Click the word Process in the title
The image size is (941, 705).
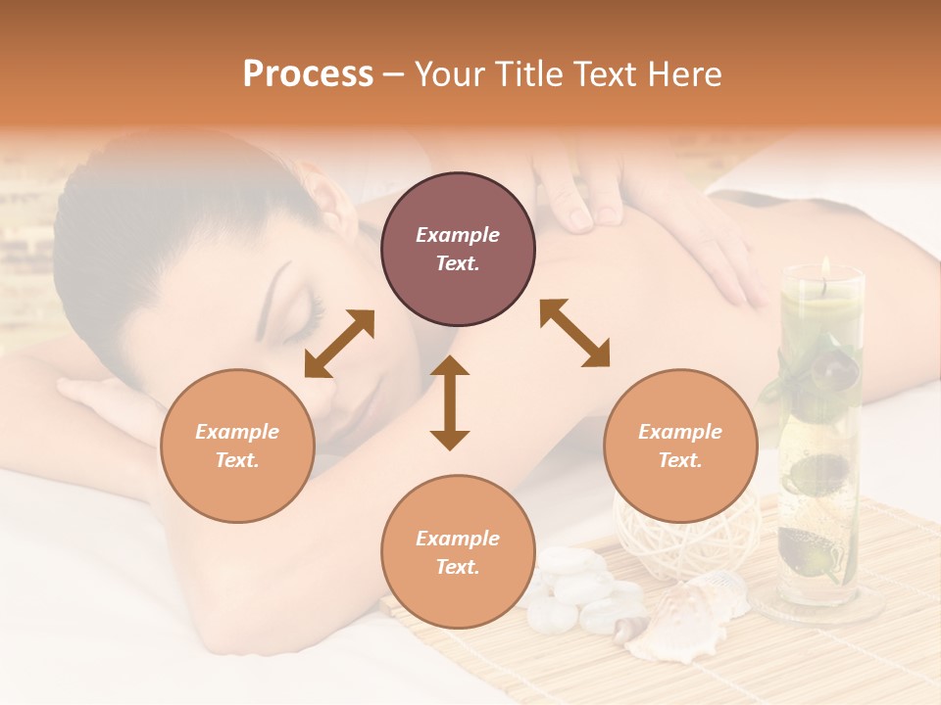(x=308, y=74)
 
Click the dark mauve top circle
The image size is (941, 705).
(x=458, y=250)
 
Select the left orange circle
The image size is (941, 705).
(x=237, y=446)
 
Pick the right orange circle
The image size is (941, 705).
(x=680, y=446)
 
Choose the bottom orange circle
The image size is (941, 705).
(x=458, y=551)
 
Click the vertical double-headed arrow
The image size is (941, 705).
(x=450, y=402)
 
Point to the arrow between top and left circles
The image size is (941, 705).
(x=339, y=344)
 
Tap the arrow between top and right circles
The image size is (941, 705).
(x=575, y=333)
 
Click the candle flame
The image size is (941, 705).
(x=826, y=266)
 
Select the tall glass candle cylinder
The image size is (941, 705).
(x=820, y=441)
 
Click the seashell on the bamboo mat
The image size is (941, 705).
(x=686, y=612)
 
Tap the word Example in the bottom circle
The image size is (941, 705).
(x=458, y=538)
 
